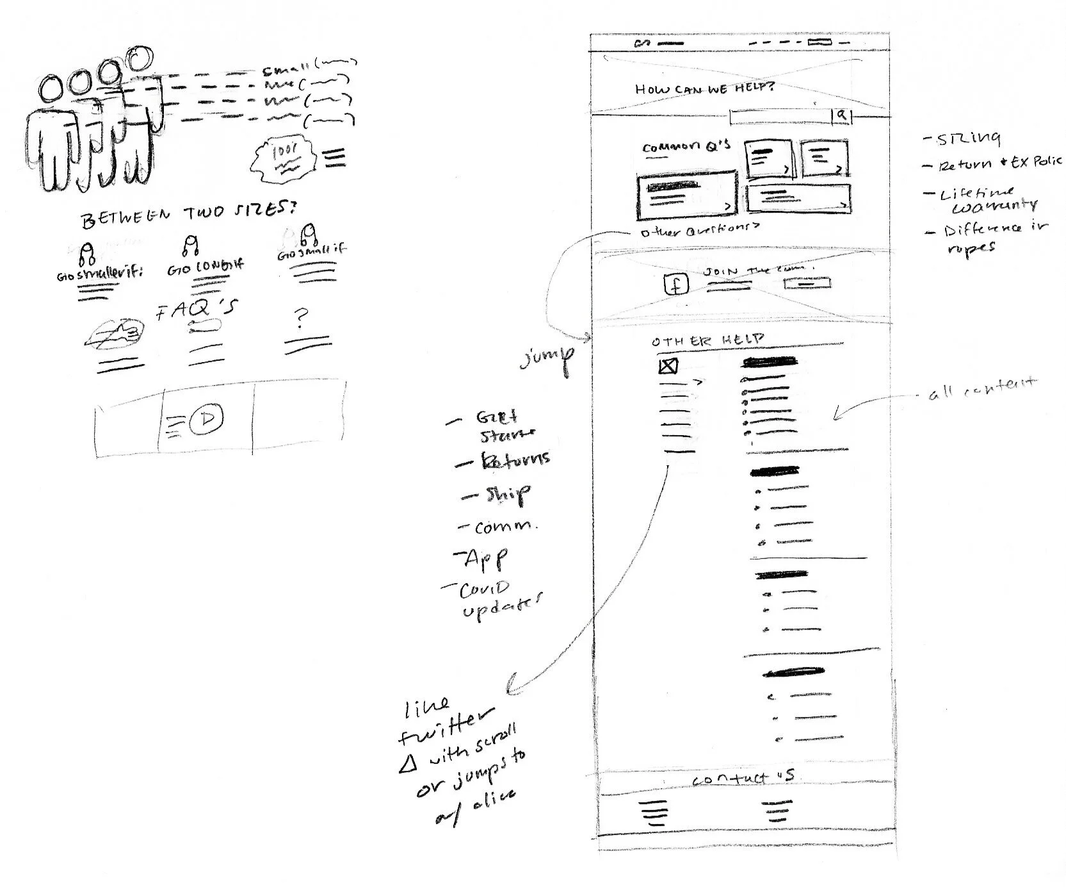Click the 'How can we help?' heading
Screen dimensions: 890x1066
click(704, 88)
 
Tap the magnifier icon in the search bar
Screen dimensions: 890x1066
click(842, 116)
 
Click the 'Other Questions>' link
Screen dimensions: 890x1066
click(700, 229)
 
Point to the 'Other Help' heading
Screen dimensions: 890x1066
click(707, 340)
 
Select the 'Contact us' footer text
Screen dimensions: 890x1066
click(743, 779)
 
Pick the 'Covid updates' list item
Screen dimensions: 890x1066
click(499, 600)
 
